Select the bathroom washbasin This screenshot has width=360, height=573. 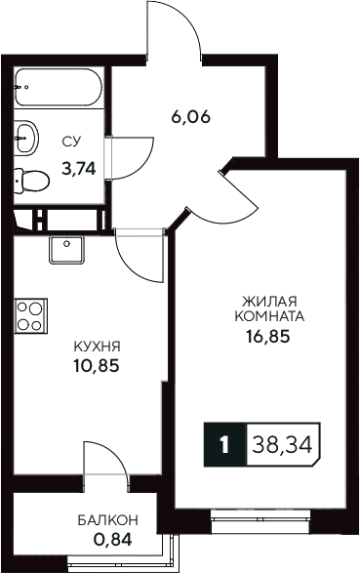[x=26, y=136]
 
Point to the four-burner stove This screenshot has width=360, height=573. [x=30, y=318]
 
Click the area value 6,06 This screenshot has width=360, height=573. [x=191, y=119]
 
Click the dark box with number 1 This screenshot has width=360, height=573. [x=225, y=446]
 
